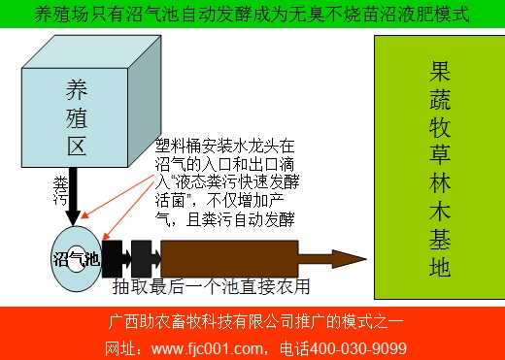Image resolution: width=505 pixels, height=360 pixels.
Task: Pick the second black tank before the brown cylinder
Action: pyautogui.click(x=146, y=258)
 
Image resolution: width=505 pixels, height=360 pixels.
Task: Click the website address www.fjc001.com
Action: pyautogui.click(x=214, y=347)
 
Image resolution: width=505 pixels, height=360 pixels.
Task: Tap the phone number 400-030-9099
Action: pyautogui.click(x=358, y=347)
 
